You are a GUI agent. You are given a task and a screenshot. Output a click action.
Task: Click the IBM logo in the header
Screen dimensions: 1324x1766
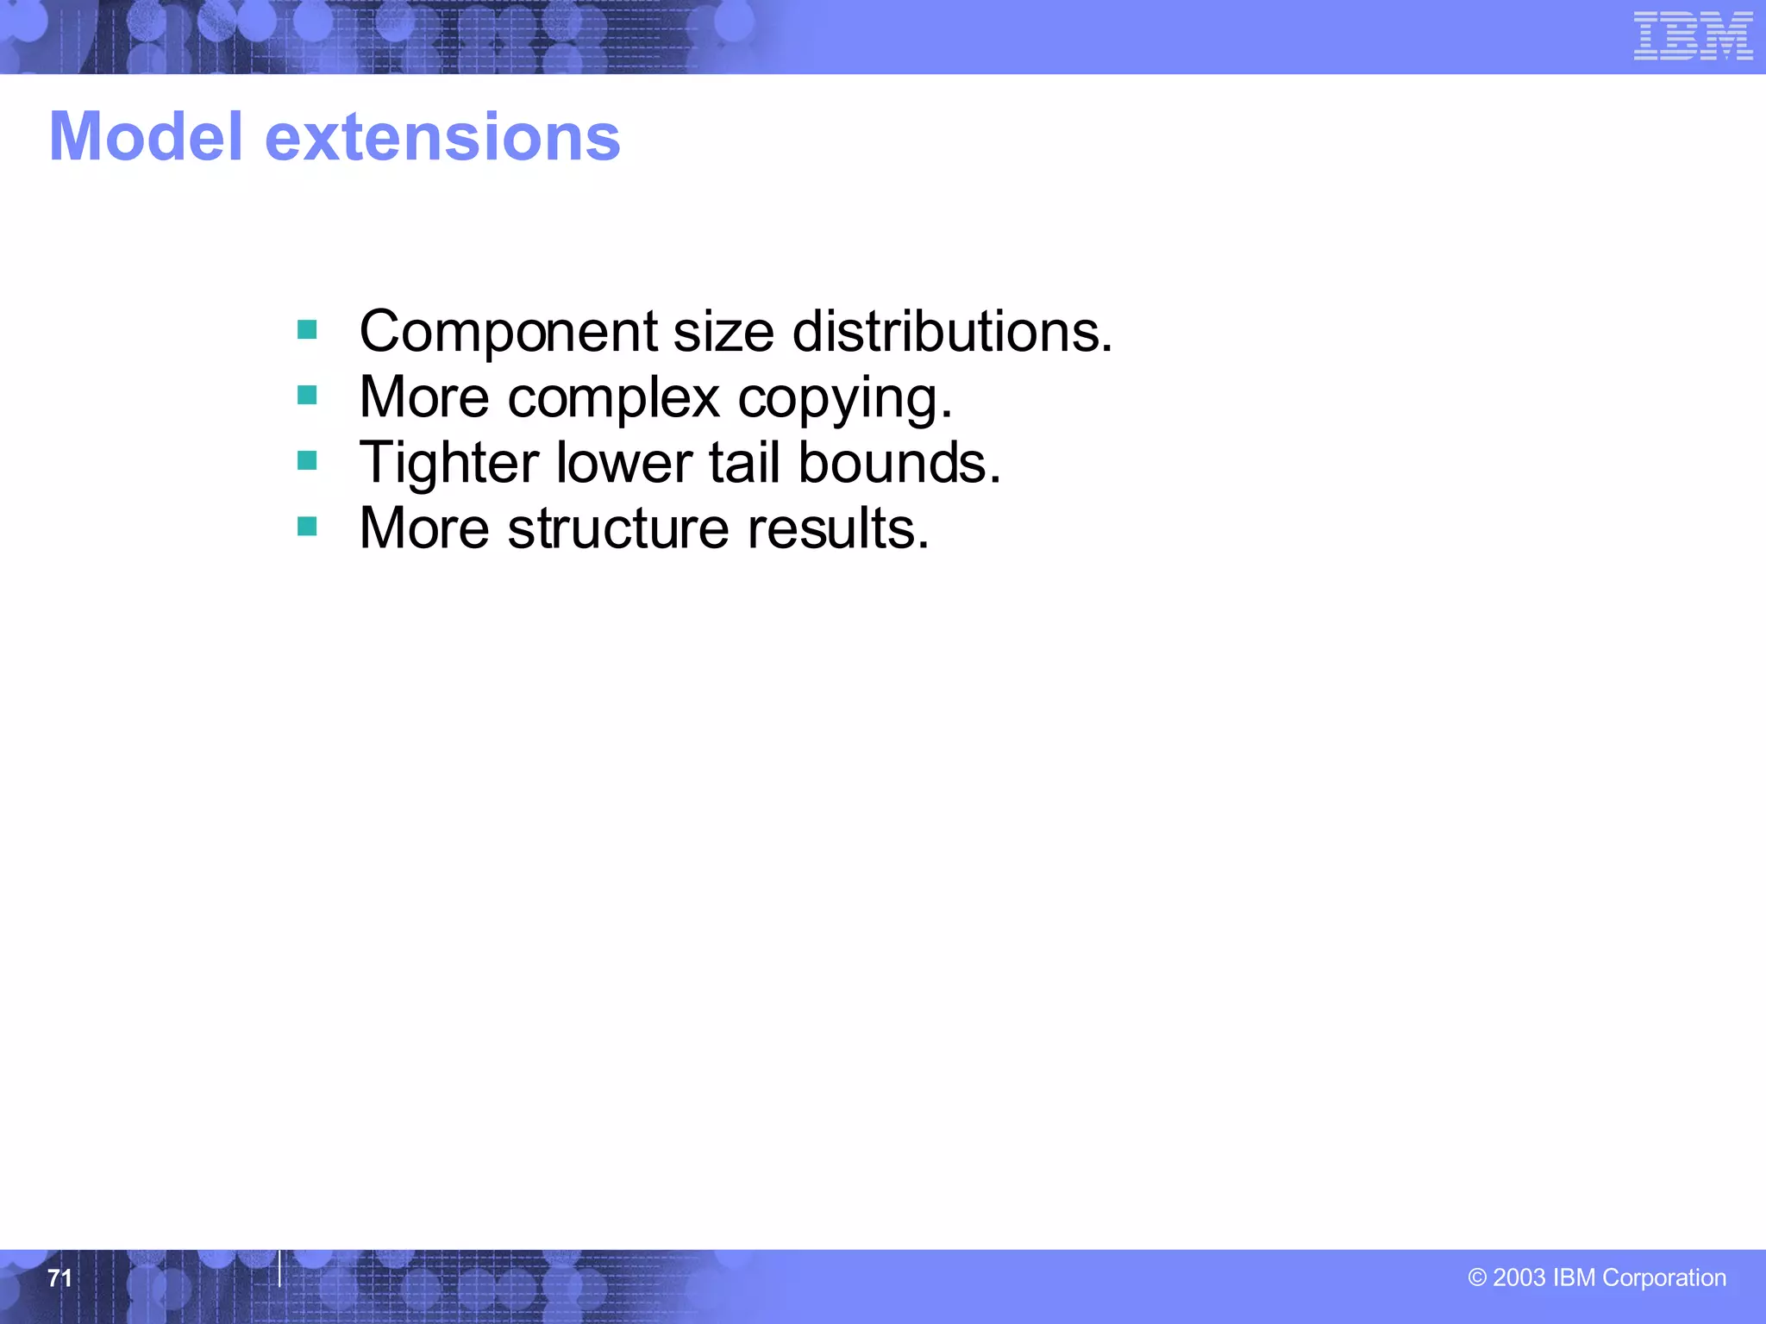click(1693, 36)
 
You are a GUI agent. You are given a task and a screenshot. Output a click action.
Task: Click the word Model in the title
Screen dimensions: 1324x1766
click(146, 137)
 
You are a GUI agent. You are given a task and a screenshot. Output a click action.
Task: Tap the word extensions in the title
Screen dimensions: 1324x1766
click(442, 138)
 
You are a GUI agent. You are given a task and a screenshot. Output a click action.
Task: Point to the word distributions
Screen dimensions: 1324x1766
click(952, 331)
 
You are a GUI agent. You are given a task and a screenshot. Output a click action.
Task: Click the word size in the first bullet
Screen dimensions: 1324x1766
click(723, 332)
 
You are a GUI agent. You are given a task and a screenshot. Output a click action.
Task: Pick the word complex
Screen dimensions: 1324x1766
click(613, 398)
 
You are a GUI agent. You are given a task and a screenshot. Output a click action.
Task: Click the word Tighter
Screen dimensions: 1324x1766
click(449, 464)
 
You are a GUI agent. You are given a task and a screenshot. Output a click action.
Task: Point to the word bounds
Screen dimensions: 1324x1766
click(899, 463)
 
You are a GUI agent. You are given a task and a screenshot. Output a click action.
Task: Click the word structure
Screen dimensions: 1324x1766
click(618, 528)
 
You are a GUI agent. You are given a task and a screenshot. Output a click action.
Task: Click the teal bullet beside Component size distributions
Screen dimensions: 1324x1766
click(307, 329)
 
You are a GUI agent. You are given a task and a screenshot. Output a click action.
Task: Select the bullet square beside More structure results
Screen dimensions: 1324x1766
click(307, 526)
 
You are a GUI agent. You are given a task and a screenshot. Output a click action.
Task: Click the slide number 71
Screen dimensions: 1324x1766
click(59, 1277)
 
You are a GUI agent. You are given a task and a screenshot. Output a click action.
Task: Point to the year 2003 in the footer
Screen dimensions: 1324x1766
click(1519, 1277)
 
